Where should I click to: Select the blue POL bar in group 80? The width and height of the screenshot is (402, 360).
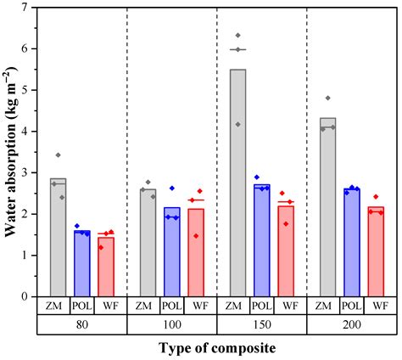click(82, 263)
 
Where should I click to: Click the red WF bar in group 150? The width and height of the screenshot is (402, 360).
click(286, 250)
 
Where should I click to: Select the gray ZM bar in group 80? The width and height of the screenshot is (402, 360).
click(59, 237)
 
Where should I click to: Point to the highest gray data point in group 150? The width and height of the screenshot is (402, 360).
click(238, 36)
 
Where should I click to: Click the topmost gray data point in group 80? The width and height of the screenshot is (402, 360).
click(58, 155)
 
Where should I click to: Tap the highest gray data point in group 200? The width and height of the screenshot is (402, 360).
click(327, 98)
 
